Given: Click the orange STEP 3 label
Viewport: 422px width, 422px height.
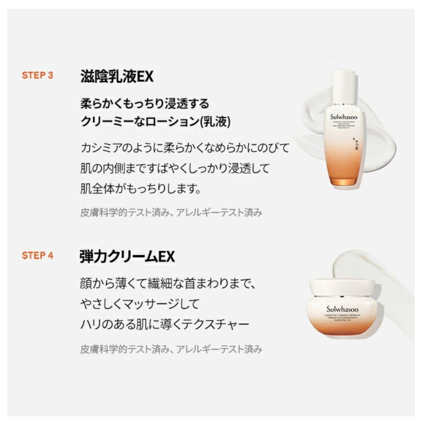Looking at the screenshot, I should point(37,76).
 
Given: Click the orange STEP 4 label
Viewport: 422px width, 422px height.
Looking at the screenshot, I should point(37,255).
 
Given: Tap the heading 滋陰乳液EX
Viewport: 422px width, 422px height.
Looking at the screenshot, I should point(117,76).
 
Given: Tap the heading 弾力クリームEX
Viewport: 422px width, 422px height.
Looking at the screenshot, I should point(127,256).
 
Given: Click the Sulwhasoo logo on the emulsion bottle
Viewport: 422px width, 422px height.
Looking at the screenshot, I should point(344,117).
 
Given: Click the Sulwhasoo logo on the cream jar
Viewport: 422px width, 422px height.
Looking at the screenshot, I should point(342,309).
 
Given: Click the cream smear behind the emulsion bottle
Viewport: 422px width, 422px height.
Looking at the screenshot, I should point(378,137).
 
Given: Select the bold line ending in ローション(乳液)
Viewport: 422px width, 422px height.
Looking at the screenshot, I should point(155,122).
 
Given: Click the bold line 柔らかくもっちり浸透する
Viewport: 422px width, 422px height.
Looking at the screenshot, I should point(145,103).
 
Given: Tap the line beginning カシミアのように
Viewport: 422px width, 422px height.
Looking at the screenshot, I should point(184,147).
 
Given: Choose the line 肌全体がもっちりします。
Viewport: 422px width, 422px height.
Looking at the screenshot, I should point(141,189).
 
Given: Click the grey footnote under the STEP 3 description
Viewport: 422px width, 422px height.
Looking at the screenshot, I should point(171,212).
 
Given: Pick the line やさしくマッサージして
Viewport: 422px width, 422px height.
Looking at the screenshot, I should point(140,304).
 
